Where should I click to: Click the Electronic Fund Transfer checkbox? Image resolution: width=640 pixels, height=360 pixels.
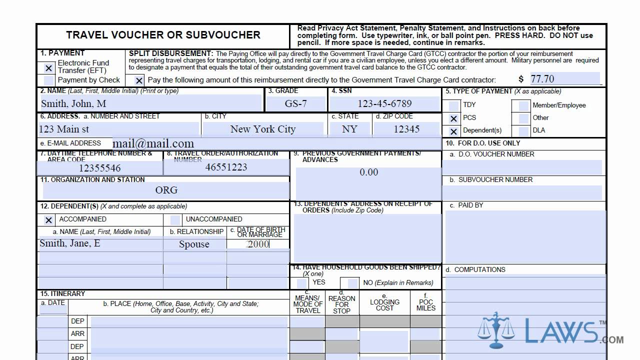tap(48, 68)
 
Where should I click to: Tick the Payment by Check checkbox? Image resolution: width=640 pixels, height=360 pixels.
tap(48, 80)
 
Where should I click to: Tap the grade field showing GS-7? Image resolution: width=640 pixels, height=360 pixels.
tap(295, 103)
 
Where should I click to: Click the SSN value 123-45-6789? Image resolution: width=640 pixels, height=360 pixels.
tap(384, 103)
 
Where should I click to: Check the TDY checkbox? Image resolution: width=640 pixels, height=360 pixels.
tap(453, 105)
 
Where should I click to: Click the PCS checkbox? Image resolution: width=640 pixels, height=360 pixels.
tap(453, 118)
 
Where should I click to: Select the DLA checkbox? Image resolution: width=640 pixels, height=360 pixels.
tap(523, 131)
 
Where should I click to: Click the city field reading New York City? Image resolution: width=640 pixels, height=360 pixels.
tap(263, 129)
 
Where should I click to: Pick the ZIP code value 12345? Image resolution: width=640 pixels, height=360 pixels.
tap(406, 129)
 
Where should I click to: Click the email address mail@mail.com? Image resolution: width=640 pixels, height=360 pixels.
tap(153, 144)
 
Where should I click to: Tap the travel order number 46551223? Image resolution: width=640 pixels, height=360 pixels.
tap(226, 167)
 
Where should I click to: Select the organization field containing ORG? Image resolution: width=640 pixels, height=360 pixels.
tap(166, 190)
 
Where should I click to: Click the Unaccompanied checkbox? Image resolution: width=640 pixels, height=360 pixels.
tap(175, 219)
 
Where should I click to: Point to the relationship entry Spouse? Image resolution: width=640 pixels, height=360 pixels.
tap(194, 244)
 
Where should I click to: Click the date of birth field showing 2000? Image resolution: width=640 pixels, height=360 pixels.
tap(258, 244)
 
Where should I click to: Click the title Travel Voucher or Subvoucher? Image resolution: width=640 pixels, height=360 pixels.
tap(163, 35)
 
